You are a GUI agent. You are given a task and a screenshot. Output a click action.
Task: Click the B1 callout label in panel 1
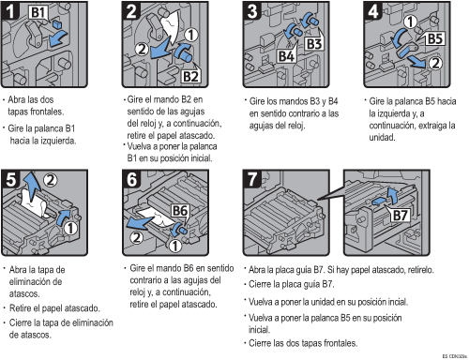click(x=38, y=12)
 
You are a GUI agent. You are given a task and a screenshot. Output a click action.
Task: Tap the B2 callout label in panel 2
click(x=190, y=76)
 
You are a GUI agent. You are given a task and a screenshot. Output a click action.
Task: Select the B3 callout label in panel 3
click(x=314, y=44)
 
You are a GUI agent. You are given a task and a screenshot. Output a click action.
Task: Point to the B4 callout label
click(x=286, y=56)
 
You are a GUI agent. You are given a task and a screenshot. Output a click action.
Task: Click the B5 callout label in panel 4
click(x=435, y=39)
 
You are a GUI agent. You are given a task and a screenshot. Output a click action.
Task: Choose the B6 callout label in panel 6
click(x=180, y=211)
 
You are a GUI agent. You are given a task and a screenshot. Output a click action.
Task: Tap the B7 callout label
click(x=400, y=216)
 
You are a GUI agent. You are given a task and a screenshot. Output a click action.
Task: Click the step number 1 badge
click(x=10, y=11)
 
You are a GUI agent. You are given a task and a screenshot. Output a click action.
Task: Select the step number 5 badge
click(x=10, y=179)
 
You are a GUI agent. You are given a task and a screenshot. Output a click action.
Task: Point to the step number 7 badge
click(x=252, y=179)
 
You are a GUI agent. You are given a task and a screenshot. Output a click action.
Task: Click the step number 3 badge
click(x=252, y=11)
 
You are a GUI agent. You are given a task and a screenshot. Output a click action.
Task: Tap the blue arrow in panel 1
click(x=58, y=38)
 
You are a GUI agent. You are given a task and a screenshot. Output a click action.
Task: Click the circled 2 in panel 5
click(x=50, y=180)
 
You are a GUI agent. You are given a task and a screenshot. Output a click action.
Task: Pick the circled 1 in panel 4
click(x=411, y=22)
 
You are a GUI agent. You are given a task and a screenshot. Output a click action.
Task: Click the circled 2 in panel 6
click(x=136, y=237)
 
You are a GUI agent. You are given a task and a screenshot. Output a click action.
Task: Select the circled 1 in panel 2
click(x=191, y=35)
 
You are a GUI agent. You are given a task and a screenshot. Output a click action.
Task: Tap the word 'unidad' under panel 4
click(x=382, y=137)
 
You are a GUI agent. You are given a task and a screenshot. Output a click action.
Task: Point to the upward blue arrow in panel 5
click(x=33, y=186)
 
